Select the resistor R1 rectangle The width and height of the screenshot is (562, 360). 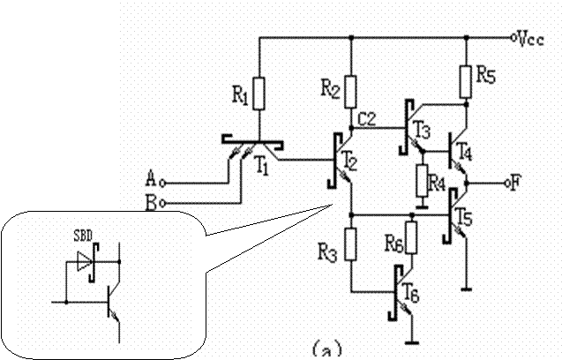click(259, 94)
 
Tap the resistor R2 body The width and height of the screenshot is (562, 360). click(351, 92)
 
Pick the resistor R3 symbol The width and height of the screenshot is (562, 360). click(351, 244)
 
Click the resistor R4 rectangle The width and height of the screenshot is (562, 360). click(423, 180)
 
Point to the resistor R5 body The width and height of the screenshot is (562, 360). click(466, 82)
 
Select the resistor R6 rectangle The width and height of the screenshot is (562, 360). click(411, 237)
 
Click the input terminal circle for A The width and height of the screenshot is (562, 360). click(162, 184)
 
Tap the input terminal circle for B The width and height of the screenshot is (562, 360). click(162, 204)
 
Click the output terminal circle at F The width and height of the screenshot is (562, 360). click(507, 184)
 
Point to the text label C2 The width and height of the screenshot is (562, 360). click(366, 119)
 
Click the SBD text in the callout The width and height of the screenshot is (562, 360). click(83, 236)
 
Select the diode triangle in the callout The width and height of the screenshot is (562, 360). click(85, 261)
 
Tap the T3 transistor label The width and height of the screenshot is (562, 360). click(423, 130)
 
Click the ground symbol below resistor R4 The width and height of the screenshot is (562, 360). click(423, 206)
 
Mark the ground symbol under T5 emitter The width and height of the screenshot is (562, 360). click(466, 289)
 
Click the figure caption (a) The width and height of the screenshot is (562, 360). click(326, 349)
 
